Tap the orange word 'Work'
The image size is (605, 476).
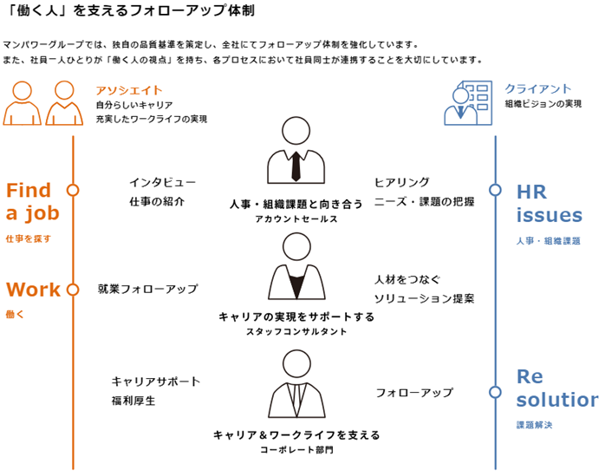(33, 290)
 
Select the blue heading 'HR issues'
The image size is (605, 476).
(549, 203)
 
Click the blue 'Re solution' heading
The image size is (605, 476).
(556, 388)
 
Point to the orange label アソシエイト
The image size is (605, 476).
(129, 90)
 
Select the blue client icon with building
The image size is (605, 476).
(468, 102)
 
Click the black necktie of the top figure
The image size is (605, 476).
(296, 165)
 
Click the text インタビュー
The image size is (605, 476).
(162, 183)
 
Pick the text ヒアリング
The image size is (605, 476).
(401, 182)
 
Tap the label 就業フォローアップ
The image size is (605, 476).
(147, 289)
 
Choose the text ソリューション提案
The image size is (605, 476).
(424, 298)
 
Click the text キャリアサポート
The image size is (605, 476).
(155, 381)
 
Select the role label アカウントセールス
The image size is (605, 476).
(296, 219)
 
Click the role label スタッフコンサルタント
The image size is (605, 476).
(296, 332)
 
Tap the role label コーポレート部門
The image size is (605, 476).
(296, 450)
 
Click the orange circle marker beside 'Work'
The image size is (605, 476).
(73, 290)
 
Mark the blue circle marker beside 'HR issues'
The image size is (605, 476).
(495, 190)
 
